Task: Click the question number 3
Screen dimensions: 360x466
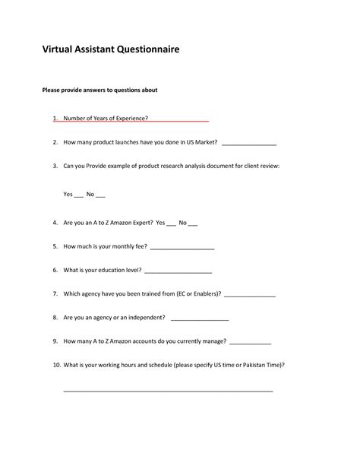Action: pos(55,165)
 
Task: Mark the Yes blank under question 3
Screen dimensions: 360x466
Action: pos(78,196)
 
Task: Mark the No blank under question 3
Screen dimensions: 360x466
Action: pos(100,196)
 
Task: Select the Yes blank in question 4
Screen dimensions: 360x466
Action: pos(171,224)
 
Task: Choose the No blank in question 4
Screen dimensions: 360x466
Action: pos(193,224)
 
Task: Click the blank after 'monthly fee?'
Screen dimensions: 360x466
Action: pos(182,248)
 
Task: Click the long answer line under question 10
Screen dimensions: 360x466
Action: pos(167,390)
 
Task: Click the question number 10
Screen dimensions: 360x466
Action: pos(56,364)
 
